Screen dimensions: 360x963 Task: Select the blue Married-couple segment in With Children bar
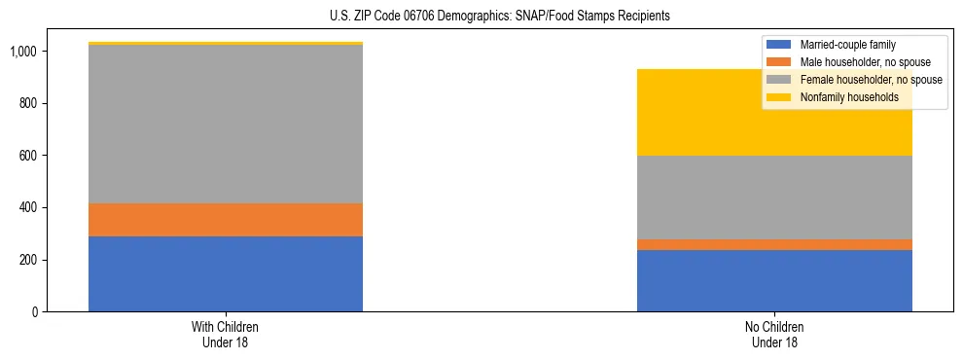click(226, 273)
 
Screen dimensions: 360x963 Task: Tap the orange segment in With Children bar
click(226, 220)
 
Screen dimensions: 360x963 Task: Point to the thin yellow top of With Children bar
click(226, 44)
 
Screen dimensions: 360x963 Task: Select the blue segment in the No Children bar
click(774, 280)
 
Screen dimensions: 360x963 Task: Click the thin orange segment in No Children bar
click(774, 244)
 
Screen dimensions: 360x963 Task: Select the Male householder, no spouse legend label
click(857, 62)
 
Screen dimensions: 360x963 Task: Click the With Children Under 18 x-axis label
click(226, 335)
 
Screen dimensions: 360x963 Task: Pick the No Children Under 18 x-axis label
click(774, 335)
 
